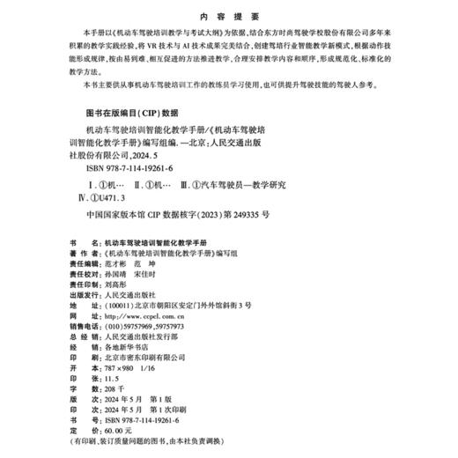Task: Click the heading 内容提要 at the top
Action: [x=229, y=15]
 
